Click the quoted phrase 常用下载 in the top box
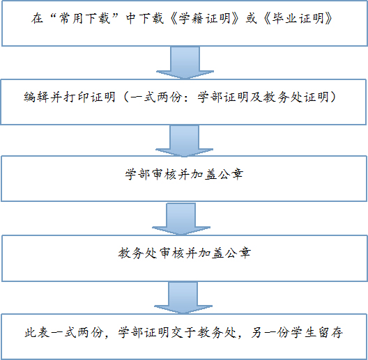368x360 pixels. click(x=85, y=18)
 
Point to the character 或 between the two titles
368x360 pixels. click(x=251, y=18)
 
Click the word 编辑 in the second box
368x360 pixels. click(x=36, y=97)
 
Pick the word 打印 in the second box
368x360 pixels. click(x=76, y=97)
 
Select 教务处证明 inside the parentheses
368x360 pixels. click(x=296, y=97)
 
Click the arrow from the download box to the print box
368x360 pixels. click(x=185, y=63)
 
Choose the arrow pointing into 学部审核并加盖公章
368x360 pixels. click(x=185, y=141)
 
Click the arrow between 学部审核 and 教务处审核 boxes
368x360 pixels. click(x=181, y=219)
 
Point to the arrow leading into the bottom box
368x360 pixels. click(x=183, y=298)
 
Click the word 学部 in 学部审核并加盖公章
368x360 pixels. click(x=137, y=175)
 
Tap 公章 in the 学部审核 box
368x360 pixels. click(x=230, y=175)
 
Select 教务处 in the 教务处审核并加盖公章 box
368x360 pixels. click(x=137, y=253)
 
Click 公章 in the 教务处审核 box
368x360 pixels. click(x=238, y=253)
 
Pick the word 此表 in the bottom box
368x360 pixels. click(x=37, y=332)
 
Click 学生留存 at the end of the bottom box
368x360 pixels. click(x=317, y=332)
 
